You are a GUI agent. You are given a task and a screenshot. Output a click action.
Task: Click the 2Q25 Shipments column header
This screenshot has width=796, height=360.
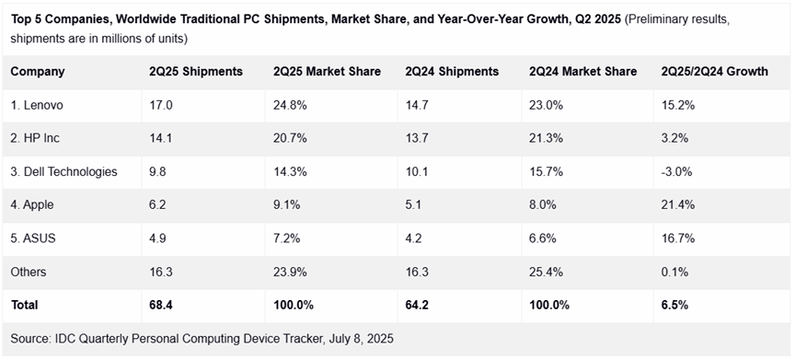(x=196, y=72)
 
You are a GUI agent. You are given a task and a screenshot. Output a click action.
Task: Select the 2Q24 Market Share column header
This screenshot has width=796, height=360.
(x=583, y=72)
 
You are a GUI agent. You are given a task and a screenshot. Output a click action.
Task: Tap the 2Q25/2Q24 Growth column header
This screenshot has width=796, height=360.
(x=714, y=72)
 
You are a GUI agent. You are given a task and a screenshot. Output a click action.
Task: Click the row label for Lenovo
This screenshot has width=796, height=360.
(x=37, y=105)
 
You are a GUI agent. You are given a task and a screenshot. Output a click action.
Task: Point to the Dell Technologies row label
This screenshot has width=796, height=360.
(x=63, y=171)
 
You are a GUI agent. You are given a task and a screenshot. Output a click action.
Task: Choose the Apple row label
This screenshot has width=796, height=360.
(x=32, y=205)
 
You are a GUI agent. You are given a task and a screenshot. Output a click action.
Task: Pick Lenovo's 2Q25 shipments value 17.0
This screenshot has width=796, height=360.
(x=159, y=105)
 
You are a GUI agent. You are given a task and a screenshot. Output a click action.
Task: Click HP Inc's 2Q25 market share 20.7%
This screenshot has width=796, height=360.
(x=289, y=139)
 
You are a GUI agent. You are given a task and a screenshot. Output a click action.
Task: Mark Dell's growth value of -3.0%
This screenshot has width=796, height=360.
(x=676, y=171)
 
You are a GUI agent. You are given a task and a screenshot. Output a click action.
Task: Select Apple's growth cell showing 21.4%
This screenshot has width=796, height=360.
(x=677, y=205)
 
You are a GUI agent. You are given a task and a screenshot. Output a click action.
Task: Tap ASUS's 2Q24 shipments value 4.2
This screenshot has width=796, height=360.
(x=414, y=238)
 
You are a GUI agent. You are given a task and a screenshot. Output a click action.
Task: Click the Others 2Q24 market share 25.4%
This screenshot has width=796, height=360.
(x=546, y=272)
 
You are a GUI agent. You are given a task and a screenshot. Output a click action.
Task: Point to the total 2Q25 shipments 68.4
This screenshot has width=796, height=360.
(x=159, y=305)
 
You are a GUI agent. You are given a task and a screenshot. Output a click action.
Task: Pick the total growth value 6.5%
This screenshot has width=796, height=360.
(x=675, y=305)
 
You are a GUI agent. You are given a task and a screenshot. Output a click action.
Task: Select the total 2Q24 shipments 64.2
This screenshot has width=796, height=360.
(x=416, y=305)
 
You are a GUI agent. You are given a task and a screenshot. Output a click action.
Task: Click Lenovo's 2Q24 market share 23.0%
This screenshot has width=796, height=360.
(x=546, y=105)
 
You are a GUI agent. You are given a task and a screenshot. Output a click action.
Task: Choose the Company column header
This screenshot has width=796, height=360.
(x=38, y=72)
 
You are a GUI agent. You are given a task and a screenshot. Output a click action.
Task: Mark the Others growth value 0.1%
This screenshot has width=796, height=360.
(x=675, y=272)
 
